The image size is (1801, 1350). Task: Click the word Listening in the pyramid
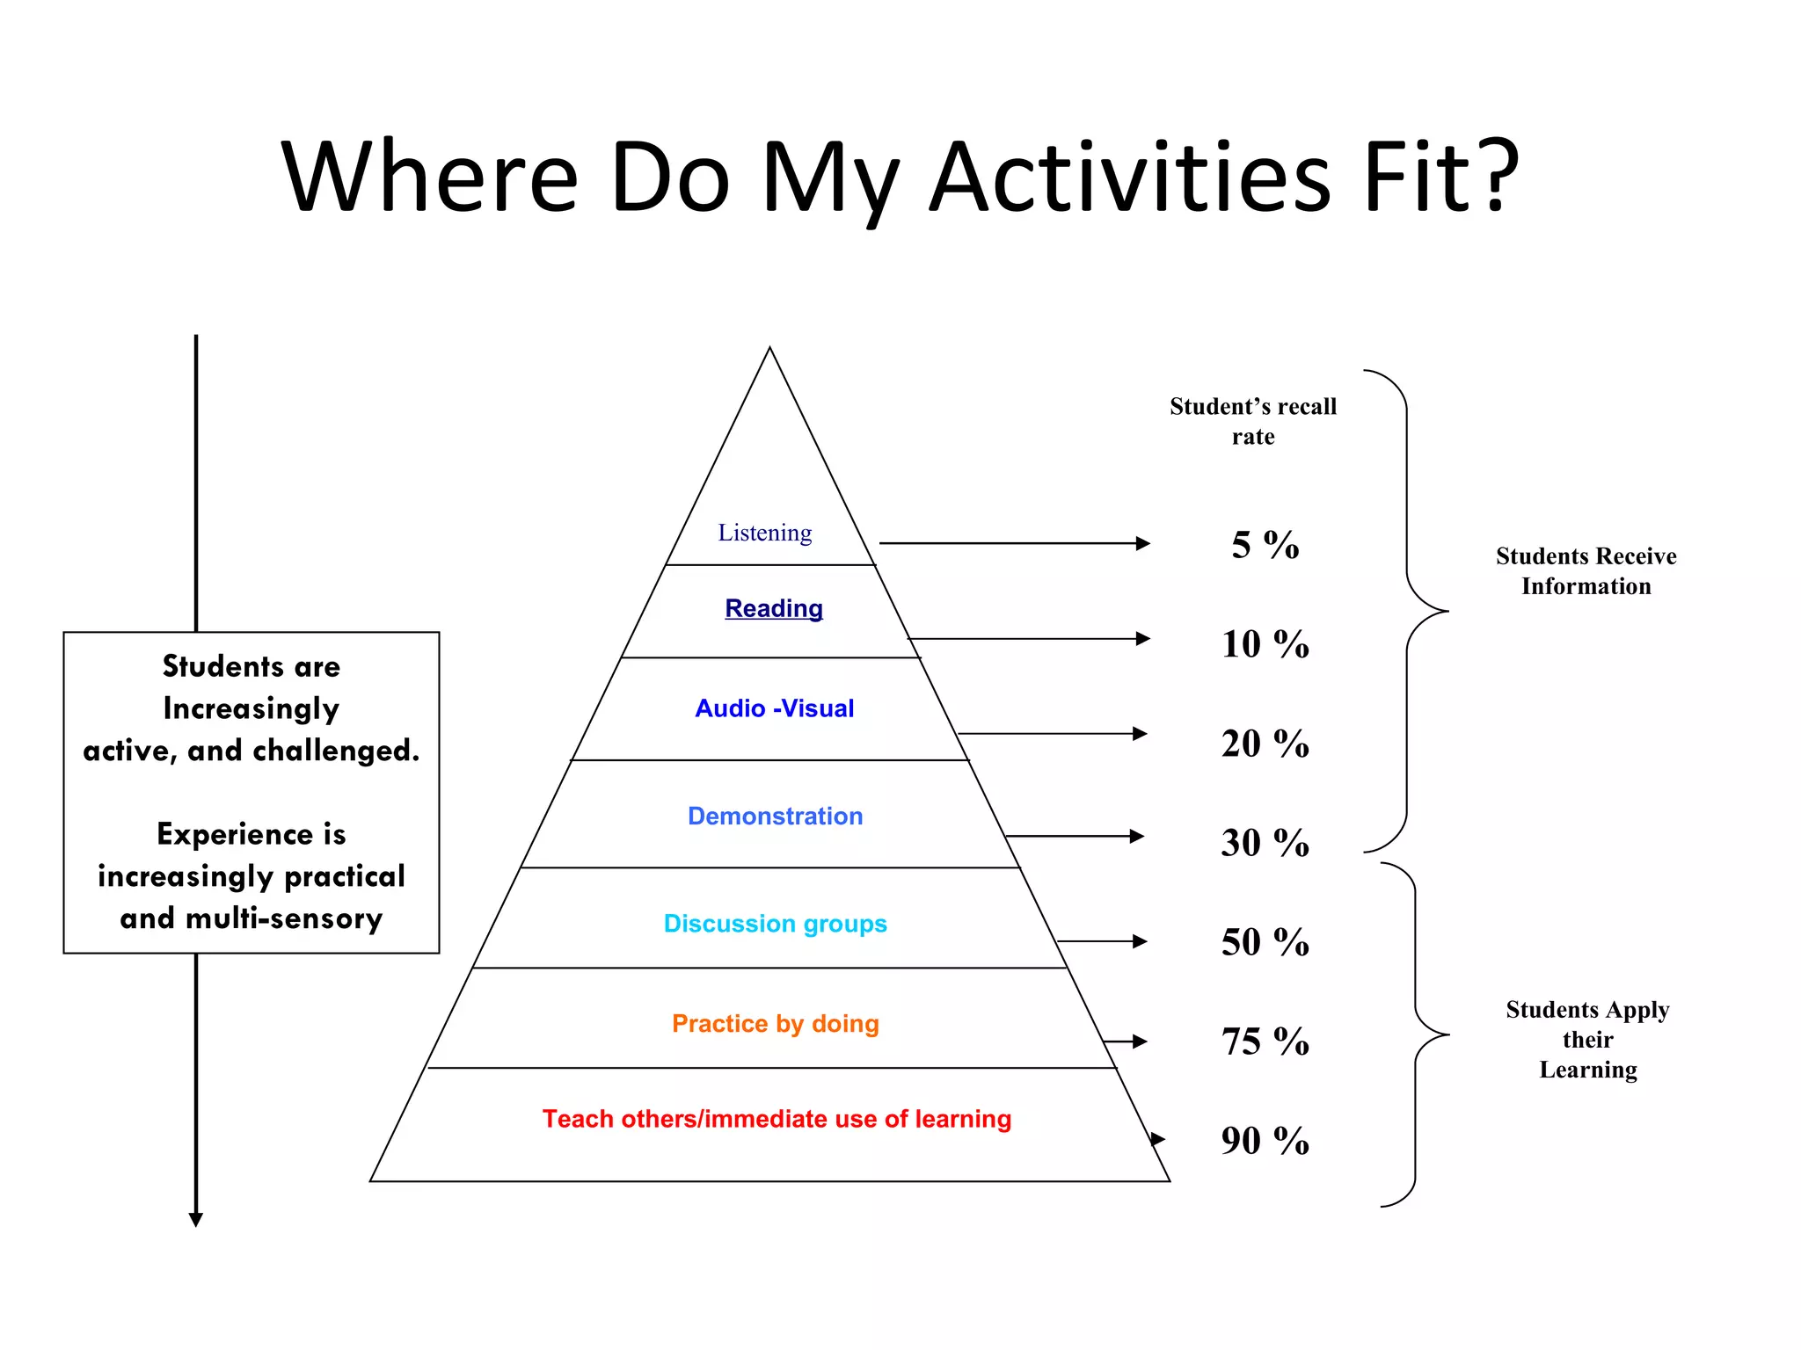coord(764,533)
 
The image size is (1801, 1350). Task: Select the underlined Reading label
coord(774,608)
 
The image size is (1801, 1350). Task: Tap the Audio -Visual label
coord(774,708)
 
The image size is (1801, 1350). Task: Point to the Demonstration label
coord(775,817)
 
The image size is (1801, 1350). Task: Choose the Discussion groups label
coord(775,924)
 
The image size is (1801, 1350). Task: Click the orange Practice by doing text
coord(775,1024)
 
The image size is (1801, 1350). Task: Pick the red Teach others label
coord(777,1119)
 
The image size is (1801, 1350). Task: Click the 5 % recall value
coord(1265,545)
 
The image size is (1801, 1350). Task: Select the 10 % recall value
coord(1265,644)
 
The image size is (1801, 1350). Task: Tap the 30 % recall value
coord(1265,843)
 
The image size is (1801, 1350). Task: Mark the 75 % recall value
coord(1265,1042)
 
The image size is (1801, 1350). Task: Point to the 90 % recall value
coord(1265,1141)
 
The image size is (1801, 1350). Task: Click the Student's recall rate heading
coord(1253,421)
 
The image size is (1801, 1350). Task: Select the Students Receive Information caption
coord(1586,571)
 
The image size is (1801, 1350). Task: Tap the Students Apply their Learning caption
coord(1587,1040)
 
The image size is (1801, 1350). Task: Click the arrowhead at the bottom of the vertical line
coord(196,1219)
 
